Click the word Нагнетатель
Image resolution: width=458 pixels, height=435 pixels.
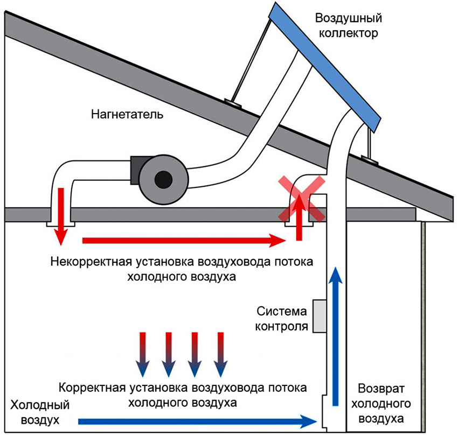127,114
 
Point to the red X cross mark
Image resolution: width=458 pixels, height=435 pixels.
302,198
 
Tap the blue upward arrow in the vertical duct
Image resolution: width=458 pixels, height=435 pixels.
336,334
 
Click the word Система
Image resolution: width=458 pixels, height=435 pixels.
282,312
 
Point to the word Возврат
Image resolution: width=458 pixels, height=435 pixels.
381,388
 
